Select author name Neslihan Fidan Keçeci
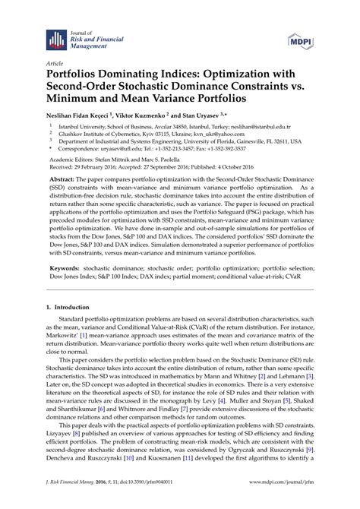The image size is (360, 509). pos(86,111)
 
